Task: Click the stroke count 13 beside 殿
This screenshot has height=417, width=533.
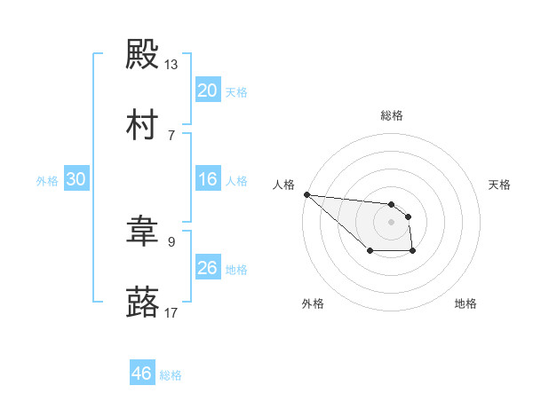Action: (171, 65)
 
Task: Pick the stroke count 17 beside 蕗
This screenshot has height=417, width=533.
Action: (171, 312)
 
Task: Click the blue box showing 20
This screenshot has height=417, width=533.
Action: (207, 90)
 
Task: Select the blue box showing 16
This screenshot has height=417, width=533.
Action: (207, 179)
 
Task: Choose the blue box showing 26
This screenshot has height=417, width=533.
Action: (207, 268)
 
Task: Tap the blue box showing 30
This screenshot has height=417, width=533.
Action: (76, 179)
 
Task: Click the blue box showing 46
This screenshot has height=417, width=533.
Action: (142, 374)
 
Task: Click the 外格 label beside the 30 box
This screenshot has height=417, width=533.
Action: (47, 180)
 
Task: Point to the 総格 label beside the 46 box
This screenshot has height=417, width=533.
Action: (171, 375)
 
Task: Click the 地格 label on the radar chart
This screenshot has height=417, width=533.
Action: (465, 303)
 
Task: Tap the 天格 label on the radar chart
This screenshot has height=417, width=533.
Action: (499, 185)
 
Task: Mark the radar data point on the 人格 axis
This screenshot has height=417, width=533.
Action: (306, 194)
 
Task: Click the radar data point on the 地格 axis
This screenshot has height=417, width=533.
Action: (413, 252)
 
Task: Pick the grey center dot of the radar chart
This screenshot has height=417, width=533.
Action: (391, 222)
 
